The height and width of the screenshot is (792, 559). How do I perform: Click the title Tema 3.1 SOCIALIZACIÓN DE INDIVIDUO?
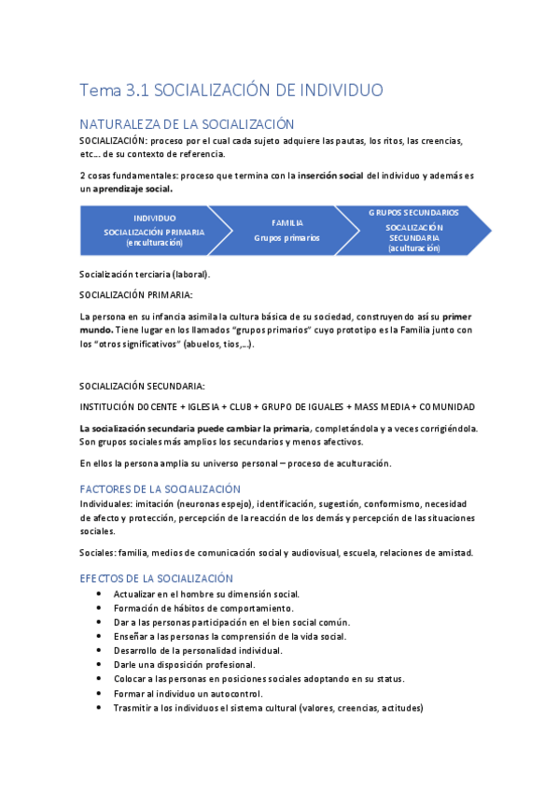(x=231, y=91)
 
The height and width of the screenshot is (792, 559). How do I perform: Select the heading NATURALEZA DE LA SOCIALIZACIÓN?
(x=187, y=124)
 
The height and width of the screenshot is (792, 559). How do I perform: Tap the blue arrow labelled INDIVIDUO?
(x=154, y=230)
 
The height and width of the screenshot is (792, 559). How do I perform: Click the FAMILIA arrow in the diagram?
(x=286, y=230)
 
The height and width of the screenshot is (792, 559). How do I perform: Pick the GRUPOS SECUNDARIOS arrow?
(x=413, y=230)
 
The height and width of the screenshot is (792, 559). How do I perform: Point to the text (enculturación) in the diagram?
(x=154, y=243)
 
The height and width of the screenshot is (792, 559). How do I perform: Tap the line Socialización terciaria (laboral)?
(x=146, y=274)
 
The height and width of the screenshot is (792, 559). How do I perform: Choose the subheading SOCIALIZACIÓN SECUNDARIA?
(x=142, y=386)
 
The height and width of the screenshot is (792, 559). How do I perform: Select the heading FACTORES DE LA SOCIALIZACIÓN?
(x=160, y=488)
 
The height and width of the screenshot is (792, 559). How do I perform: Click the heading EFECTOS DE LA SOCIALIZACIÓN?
(x=156, y=578)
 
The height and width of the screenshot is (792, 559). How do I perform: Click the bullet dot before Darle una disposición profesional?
(x=100, y=665)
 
